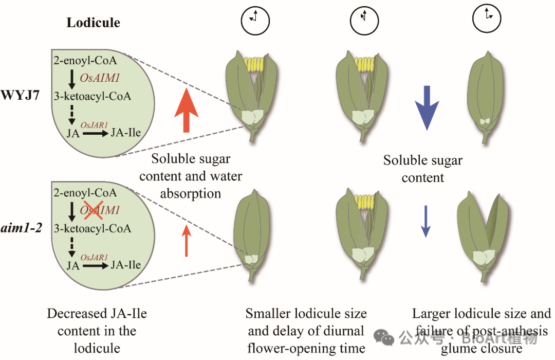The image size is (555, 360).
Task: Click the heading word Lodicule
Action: tap(93, 23)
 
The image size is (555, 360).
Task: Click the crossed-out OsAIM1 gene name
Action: tap(100, 210)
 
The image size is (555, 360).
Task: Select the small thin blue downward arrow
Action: tap(425, 221)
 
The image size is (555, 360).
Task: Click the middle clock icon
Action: tap(364, 20)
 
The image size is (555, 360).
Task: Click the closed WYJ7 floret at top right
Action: tap(486, 98)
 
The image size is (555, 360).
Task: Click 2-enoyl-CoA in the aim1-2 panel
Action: tap(85, 193)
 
